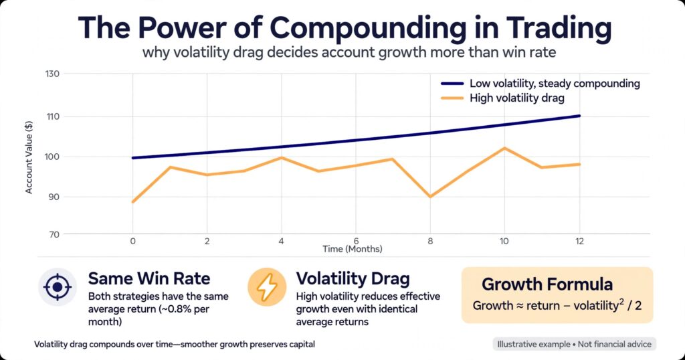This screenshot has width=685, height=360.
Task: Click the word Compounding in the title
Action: [369, 28]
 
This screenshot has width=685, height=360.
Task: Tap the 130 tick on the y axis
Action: [52, 74]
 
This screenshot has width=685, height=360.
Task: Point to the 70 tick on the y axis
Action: [54, 234]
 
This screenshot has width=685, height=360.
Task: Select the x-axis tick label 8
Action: [430, 241]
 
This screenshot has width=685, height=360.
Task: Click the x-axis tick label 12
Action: [579, 241]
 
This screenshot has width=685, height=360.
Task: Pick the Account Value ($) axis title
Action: [29, 157]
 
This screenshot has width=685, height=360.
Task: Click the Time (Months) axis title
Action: [352, 249]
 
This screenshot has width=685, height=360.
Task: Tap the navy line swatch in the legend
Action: [452, 84]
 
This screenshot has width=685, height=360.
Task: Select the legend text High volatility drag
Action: [517, 98]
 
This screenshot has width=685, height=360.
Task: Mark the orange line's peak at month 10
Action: [504, 148]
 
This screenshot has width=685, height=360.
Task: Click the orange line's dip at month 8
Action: [430, 197]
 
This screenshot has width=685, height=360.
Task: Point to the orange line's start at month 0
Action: [133, 202]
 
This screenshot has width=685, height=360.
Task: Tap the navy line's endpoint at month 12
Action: [579, 116]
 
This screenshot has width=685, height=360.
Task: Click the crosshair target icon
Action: [58, 287]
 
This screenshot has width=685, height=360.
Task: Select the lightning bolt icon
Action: [267, 287]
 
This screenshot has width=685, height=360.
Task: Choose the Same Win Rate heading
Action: [149, 278]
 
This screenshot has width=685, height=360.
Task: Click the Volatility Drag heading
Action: [353, 279]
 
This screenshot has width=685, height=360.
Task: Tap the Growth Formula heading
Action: [547, 284]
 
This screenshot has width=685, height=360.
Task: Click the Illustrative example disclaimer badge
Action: [574, 344]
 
